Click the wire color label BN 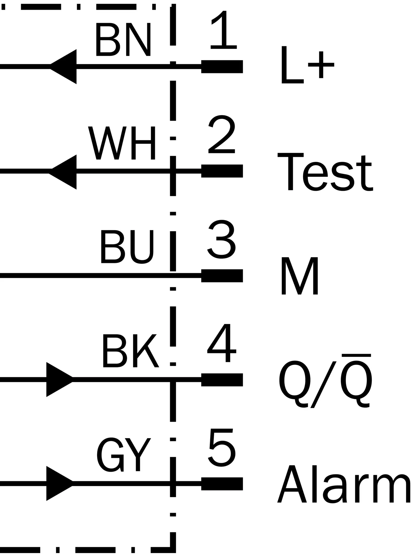pos(123,39)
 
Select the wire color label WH pos(122,143)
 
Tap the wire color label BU pos(127,247)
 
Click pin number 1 pos(224,30)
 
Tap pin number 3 pos(221,239)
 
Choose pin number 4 pos(222,343)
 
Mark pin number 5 pos(222,447)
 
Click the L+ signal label pos(308,64)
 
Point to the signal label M pos(300,276)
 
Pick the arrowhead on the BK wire pos(60,379)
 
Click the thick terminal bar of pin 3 pos(222,276)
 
